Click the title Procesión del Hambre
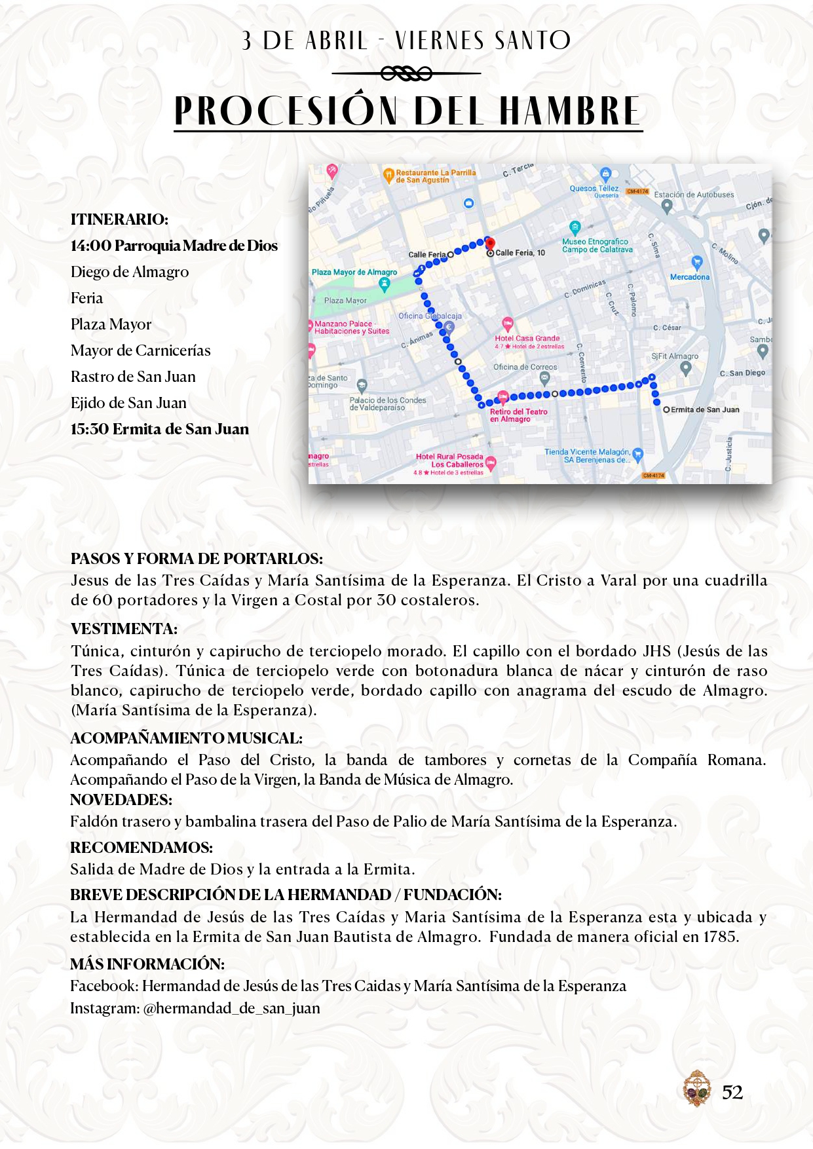[407, 111]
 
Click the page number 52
[732, 1092]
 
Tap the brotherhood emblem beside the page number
[696, 1089]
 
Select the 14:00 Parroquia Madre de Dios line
[174, 246]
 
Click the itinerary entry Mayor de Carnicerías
[141, 350]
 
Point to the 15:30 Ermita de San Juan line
[160, 429]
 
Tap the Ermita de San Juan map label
[704, 409]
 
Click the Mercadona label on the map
[690, 277]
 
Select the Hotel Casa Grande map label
[527, 338]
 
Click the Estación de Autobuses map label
[694, 195]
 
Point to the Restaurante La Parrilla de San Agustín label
[435, 176]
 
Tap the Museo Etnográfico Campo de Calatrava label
[597, 246]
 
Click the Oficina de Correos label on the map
[525, 367]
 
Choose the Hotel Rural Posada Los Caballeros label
[450, 461]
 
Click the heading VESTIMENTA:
[124, 629]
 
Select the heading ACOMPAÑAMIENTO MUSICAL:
[186, 738]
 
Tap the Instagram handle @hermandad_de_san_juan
[231, 1008]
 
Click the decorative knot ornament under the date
[406, 73]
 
